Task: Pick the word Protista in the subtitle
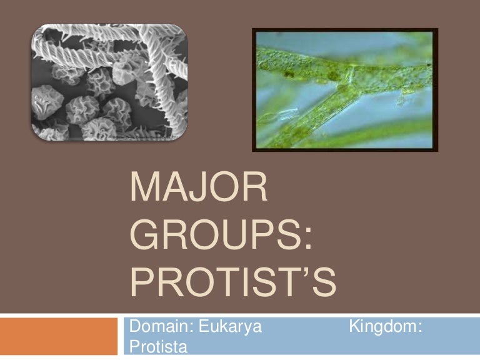pyautogui.click(x=155, y=346)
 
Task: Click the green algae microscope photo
pyautogui.click(x=345, y=90)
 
